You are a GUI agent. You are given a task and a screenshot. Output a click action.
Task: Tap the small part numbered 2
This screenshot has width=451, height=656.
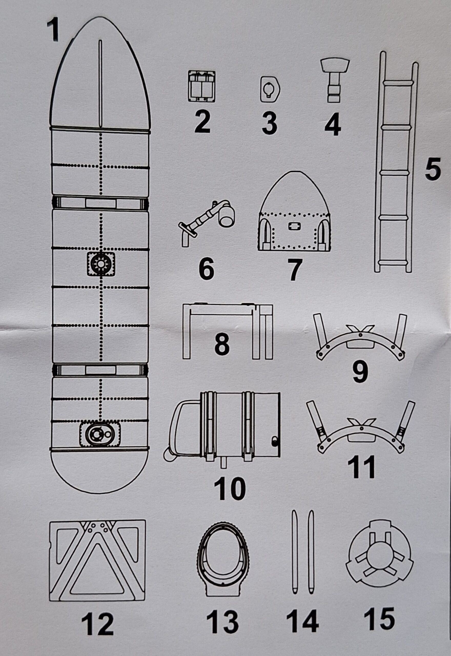[201, 86]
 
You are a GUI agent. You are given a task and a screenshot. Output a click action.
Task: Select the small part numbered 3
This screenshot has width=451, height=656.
[270, 89]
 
